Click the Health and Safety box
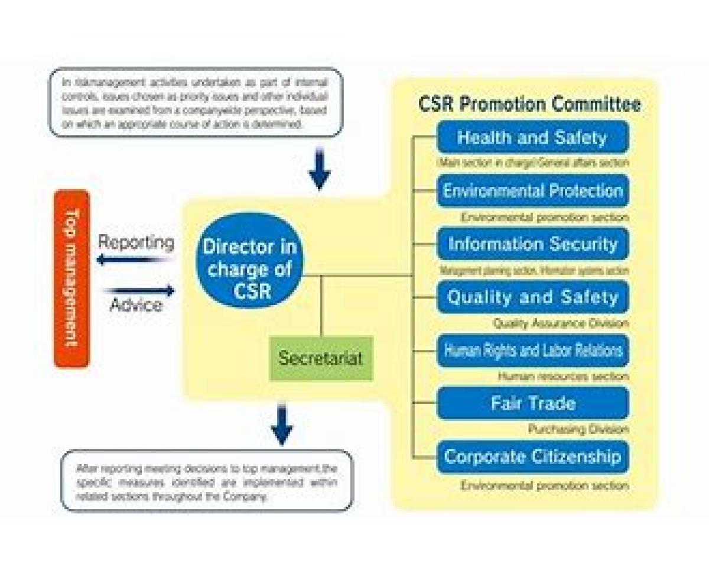click(532, 138)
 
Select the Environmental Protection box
click(532, 191)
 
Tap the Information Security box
click(532, 244)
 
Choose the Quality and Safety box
click(532, 297)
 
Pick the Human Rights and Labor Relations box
click(532, 350)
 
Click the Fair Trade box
click(532, 403)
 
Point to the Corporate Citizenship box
click(532, 456)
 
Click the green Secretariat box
click(321, 358)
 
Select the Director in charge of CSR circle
click(249, 260)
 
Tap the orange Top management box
click(71, 278)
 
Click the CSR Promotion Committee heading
click(529, 104)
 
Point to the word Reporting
click(136, 242)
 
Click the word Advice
click(136, 305)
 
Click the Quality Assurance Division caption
click(561, 323)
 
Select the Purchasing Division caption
click(578, 430)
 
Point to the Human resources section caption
click(563, 376)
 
